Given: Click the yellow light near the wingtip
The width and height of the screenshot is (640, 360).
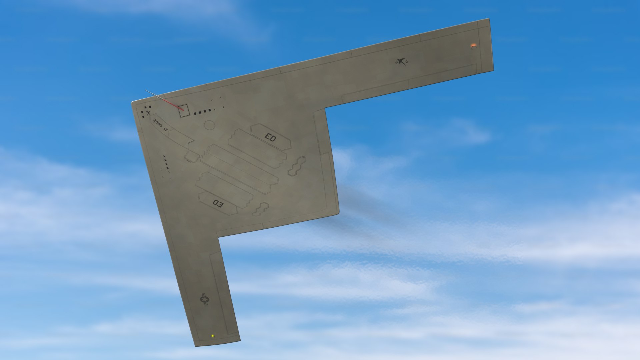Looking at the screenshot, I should click(213, 336).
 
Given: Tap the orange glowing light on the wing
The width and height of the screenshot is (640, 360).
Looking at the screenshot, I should click(473, 45).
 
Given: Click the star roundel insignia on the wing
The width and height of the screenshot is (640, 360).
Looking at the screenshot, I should click(205, 299).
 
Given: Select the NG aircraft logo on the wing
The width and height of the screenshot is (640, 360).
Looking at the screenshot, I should click(401, 62).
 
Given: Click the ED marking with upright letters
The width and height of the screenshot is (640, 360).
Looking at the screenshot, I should click(270, 137).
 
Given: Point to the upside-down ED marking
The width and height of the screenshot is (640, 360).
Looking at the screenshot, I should click(218, 203).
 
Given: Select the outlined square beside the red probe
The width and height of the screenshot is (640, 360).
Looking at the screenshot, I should click(184, 110).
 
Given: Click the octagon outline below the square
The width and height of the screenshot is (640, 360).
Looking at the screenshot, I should click(209, 125).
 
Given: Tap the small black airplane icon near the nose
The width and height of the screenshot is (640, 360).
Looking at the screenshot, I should click(148, 113).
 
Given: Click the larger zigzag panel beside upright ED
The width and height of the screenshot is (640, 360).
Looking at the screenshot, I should click(297, 166).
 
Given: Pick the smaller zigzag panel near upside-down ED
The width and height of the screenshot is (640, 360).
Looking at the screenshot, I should click(260, 209).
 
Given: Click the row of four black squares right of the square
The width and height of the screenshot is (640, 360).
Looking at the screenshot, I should click(202, 112).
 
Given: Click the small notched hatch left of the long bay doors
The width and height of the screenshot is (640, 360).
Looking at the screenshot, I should click(192, 156).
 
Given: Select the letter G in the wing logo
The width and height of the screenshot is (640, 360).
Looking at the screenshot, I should click(407, 62).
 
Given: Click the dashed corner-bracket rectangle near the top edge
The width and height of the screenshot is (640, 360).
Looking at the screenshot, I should click(218, 104).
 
